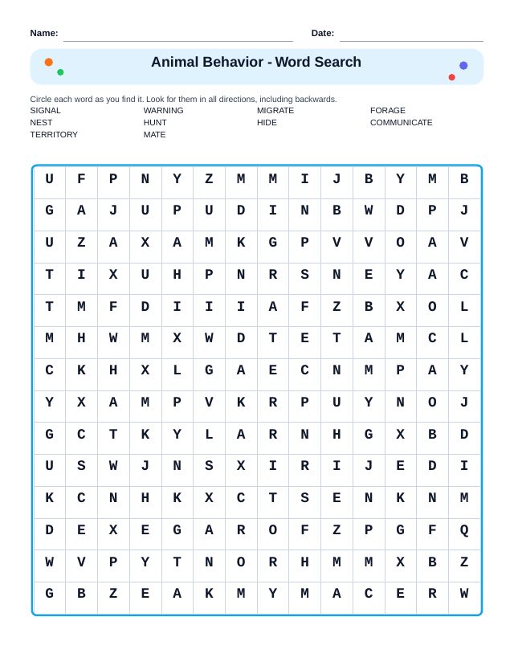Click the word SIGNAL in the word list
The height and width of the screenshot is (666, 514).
[45, 111]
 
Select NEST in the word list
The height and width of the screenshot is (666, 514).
[41, 123]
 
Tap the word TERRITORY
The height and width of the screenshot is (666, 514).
[54, 135]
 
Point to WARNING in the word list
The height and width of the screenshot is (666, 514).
[163, 111]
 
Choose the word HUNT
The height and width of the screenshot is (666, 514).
[155, 123]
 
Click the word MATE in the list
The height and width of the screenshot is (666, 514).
[154, 135]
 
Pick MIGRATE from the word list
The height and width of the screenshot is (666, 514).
[275, 111]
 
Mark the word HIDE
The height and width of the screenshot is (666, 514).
[267, 123]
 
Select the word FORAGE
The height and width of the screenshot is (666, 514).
[388, 111]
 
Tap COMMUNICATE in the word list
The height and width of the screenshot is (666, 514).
[401, 123]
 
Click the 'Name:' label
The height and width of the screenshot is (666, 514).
[44, 33]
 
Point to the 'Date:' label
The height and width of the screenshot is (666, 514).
[322, 33]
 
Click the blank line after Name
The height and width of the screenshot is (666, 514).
[178, 40]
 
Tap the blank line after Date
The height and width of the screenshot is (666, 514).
[411, 40]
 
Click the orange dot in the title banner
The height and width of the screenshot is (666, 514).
[49, 62]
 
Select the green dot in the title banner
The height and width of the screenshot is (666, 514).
[60, 72]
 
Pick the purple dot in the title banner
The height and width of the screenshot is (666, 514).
[463, 66]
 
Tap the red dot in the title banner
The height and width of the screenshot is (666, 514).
[451, 77]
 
